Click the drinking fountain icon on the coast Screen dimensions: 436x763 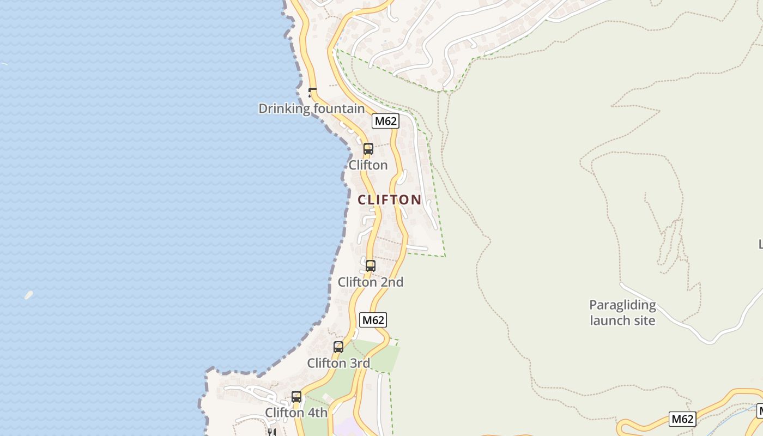coord(313,93)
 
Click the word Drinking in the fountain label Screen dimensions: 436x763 coord(283,108)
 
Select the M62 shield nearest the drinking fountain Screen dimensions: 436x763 coord(385,121)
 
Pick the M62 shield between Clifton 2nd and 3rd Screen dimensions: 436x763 coord(373,320)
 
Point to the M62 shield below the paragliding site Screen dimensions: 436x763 coord(682,419)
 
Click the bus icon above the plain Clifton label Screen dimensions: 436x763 coord(368,148)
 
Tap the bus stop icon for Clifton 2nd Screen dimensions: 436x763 coord(371,266)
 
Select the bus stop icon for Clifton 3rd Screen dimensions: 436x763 coord(338,347)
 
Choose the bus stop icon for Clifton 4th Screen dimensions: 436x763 coord(296,396)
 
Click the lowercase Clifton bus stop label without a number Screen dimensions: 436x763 coord(368,165)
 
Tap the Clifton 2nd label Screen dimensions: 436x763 coord(371,282)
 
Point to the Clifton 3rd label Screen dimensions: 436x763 coord(338,363)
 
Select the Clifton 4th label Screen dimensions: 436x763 coord(296,413)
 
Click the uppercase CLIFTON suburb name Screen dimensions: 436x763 coord(389,200)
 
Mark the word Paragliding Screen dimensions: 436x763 coord(622,305)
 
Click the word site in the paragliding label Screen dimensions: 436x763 coord(643,320)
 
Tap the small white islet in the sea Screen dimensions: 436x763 coord(28,295)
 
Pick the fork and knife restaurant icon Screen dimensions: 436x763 coord(271,432)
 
